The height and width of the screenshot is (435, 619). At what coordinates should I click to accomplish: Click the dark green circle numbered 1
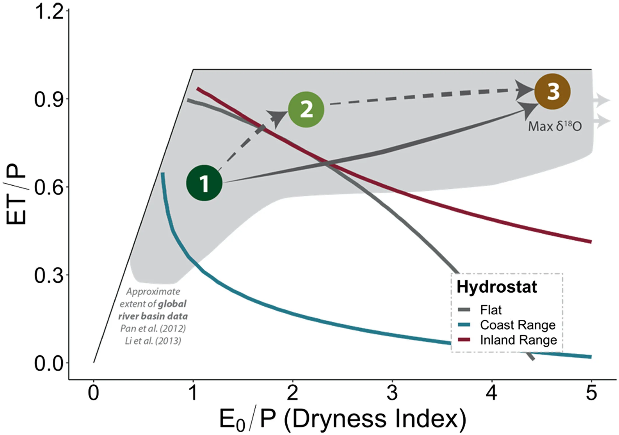[x=204, y=183]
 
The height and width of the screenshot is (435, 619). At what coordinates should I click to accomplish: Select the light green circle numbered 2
[x=306, y=109]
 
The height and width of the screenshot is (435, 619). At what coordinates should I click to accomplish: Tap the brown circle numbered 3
[x=552, y=92]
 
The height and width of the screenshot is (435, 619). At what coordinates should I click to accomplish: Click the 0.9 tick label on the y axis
[x=49, y=100]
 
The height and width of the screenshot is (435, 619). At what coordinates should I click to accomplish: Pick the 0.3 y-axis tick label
[x=49, y=275]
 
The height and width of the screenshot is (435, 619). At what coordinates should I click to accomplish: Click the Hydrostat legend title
[x=497, y=287]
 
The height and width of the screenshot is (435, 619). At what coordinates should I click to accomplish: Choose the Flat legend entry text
[x=491, y=310]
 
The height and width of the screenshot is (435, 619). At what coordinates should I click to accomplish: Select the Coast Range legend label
[x=518, y=325]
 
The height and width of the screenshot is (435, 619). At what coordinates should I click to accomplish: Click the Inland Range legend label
[x=518, y=340]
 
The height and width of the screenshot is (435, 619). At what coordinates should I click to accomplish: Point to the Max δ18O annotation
[x=555, y=127]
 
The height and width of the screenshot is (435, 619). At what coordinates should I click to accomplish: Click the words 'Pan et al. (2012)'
[x=153, y=328]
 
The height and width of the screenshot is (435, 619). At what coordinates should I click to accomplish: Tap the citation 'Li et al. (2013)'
[x=153, y=341]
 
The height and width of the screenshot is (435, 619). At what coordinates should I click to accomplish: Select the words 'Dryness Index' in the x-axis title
[x=375, y=419]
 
